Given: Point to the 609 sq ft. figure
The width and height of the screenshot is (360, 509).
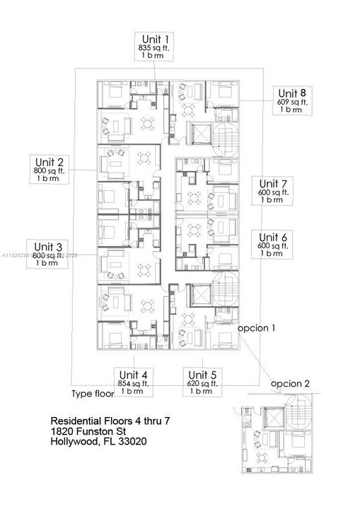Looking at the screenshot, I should pyautogui.click(x=292, y=102).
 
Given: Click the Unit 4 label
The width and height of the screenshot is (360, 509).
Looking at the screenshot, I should pyautogui.click(x=134, y=375).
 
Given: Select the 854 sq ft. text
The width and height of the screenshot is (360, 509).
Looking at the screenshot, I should pyautogui.click(x=134, y=383).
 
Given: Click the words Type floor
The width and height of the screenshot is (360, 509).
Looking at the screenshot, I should pyautogui.click(x=93, y=394).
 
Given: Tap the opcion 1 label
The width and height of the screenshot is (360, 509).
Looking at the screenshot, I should pyautogui.click(x=256, y=329).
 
